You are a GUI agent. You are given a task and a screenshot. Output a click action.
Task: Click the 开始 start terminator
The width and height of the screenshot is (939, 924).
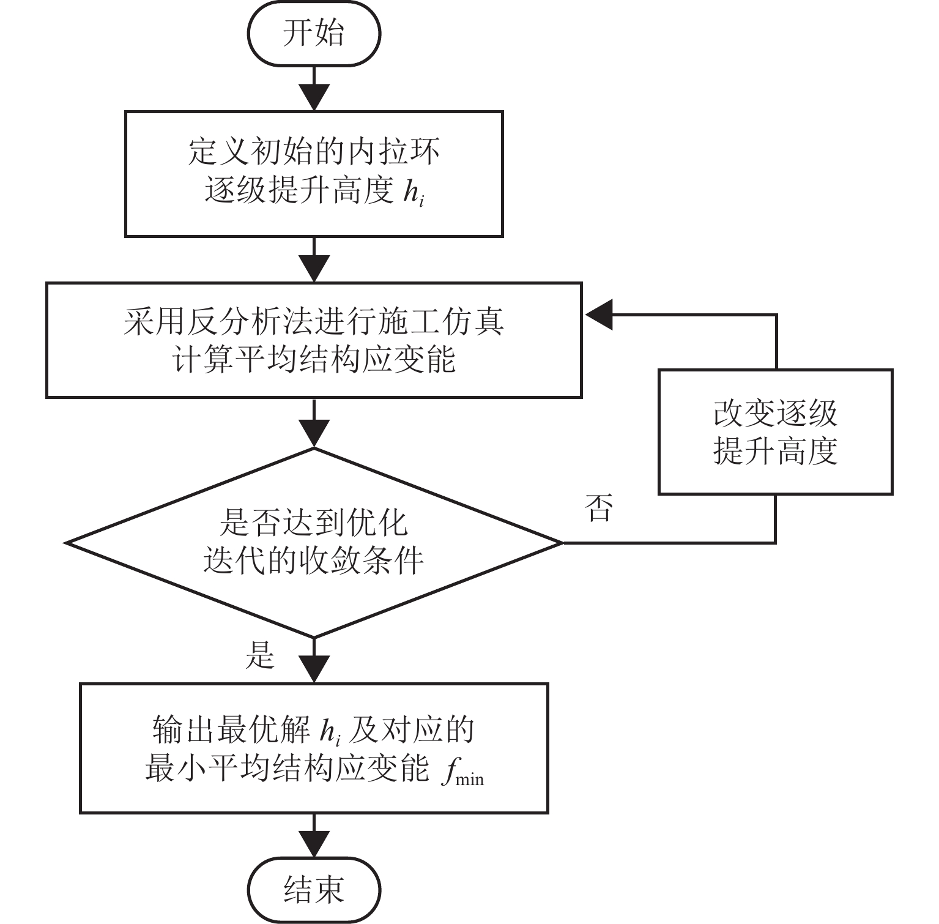[314, 33]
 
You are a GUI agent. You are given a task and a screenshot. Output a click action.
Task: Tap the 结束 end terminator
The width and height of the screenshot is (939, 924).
[314, 889]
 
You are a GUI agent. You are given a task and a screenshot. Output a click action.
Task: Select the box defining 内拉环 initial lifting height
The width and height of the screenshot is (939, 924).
[314, 174]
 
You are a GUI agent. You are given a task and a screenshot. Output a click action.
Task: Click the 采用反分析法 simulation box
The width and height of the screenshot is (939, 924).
[314, 340]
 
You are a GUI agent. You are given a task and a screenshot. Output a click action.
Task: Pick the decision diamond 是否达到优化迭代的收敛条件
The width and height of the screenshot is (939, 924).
[314, 542]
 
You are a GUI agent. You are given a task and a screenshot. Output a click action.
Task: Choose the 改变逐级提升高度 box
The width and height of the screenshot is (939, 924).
[775, 431]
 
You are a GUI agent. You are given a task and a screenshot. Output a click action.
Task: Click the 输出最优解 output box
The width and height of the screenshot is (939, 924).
[314, 748]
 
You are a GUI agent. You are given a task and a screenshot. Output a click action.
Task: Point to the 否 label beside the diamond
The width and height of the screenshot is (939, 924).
[598, 508]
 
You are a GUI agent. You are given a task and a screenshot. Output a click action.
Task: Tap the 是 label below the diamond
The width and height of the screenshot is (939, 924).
[260, 655]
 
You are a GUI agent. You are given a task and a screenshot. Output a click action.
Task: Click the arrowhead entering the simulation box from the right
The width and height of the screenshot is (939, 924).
[599, 315]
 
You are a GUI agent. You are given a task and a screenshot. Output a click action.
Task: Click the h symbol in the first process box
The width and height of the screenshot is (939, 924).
[414, 192]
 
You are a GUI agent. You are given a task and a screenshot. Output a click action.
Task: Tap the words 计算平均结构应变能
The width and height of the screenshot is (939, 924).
[314, 359]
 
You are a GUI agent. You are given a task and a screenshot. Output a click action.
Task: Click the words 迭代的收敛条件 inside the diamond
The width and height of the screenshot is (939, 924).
[314, 560]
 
